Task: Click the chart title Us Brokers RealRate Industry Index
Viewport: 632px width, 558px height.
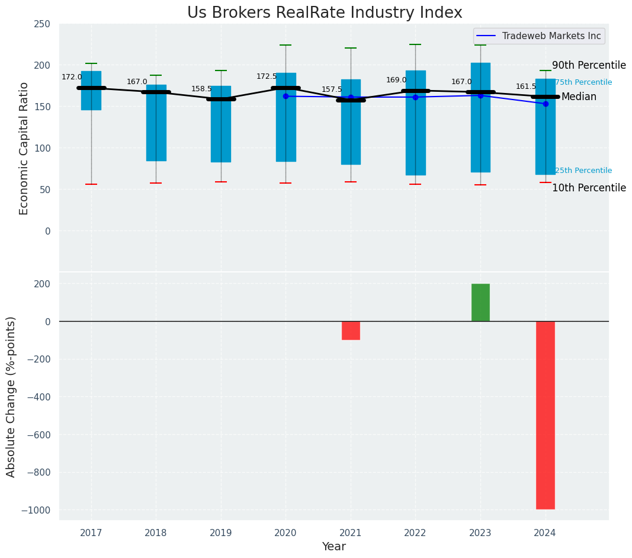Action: [325, 13]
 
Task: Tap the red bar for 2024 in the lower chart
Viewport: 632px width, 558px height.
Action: [545, 415]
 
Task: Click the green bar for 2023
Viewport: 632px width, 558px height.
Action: [480, 302]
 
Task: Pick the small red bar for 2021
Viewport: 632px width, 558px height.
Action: [351, 331]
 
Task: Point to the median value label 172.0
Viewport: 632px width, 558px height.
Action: [72, 78]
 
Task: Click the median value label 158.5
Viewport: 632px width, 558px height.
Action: [201, 89]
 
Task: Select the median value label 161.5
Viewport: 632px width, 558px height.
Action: [526, 87]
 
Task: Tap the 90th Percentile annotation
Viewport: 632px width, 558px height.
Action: [589, 66]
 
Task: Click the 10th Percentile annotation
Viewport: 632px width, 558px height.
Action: [589, 188]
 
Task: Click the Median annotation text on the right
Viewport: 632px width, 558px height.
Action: [579, 97]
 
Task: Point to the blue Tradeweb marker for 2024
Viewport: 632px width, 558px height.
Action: [546, 104]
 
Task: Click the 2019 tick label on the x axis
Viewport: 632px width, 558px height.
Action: [221, 533]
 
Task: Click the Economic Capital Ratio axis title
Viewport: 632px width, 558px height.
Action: [24, 148]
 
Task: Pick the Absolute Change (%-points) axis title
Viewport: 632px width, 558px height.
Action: [11, 396]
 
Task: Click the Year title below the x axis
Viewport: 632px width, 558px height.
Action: [334, 547]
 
